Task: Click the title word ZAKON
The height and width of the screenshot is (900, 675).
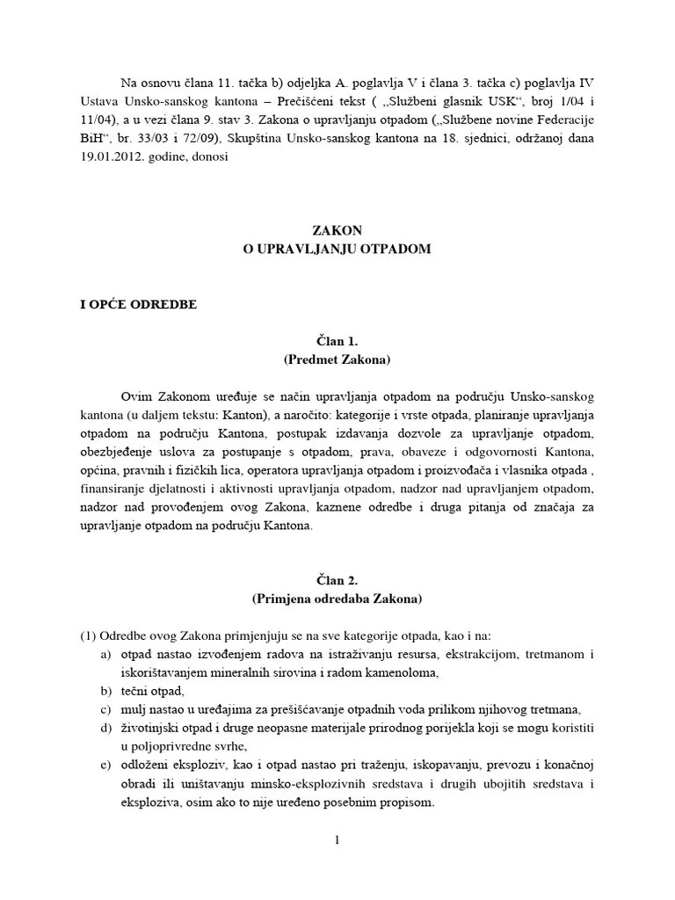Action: [337, 230]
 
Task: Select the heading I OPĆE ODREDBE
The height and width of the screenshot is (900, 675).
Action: [139, 304]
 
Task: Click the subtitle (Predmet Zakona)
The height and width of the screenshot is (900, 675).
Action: [337, 359]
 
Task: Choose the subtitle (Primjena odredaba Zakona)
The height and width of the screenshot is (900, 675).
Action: [337, 599]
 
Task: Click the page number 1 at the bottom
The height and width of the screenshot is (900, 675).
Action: [337, 841]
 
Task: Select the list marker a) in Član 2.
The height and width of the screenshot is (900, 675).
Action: [106, 655]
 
